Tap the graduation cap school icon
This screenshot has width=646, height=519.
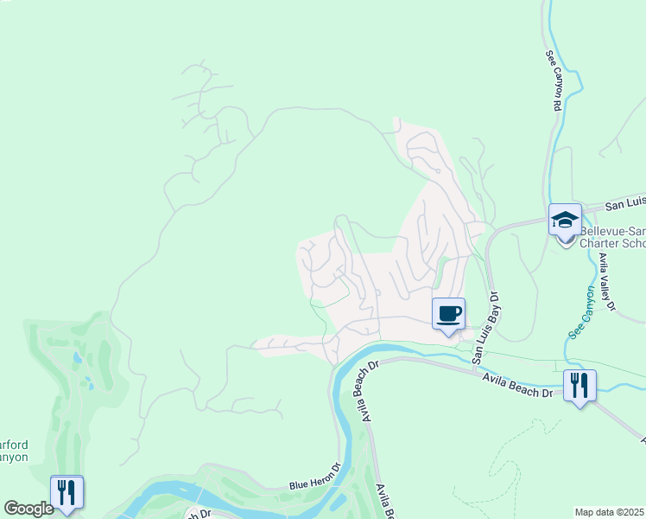tap(565, 220)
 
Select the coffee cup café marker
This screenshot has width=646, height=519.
tap(448, 313)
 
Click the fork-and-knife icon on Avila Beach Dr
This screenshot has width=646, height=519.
tap(579, 385)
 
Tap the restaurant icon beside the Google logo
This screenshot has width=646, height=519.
tap(66, 491)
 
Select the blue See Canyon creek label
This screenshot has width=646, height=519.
tap(580, 324)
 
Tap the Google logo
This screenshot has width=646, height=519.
tap(28, 509)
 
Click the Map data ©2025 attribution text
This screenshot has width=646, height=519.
tap(610, 512)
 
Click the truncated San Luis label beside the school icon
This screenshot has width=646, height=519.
tap(624, 204)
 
